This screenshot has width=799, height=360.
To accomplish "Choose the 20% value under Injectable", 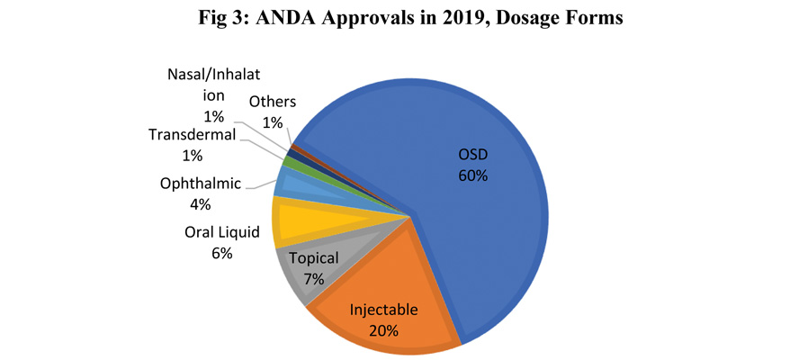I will [384, 329].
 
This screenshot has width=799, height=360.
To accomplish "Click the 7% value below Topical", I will [313, 279].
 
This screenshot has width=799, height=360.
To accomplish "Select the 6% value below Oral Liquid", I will [222, 255].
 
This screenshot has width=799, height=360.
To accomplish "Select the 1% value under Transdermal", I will [192, 156].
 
